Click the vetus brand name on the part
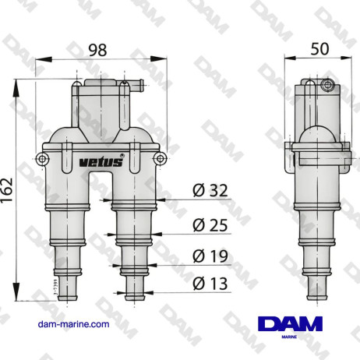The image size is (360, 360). [100, 162]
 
